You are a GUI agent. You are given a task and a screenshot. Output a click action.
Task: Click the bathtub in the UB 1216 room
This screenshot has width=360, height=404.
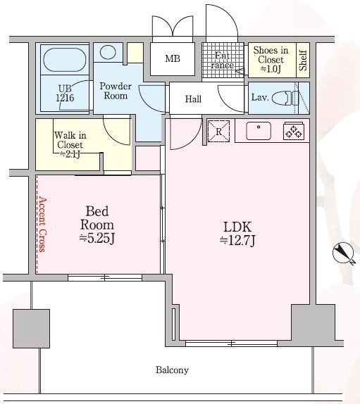click(x=65, y=60)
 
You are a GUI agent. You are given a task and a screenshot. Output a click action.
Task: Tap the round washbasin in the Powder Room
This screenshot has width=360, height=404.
click(x=108, y=52)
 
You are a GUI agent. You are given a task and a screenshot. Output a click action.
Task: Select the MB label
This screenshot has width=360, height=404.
click(x=173, y=58)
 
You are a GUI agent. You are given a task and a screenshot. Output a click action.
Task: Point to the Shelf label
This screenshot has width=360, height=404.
click(x=303, y=61)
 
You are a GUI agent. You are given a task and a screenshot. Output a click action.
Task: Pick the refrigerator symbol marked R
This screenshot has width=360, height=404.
click(x=218, y=131)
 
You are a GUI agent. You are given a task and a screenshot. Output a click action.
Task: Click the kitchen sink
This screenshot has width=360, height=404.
click(x=259, y=131)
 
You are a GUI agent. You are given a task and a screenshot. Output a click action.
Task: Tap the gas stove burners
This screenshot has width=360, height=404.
click(x=294, y=132)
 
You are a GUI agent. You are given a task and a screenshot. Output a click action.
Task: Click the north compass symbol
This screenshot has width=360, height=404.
click(x=344, y=253)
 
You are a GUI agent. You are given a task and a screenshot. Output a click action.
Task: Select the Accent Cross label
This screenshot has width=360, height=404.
click(x=42, y=225)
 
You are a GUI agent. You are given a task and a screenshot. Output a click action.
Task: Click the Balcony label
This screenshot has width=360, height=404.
click(x=172, y=370)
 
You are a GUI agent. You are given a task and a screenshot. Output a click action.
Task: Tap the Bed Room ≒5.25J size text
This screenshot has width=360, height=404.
click(x=97, y=239)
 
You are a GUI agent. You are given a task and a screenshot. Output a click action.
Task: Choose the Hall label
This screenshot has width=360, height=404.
click(x=193, y=99)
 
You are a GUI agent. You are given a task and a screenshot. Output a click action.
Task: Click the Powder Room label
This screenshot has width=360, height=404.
click(x=116, y=91)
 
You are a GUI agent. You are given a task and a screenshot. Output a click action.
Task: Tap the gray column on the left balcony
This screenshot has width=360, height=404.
click(x=31, y=329)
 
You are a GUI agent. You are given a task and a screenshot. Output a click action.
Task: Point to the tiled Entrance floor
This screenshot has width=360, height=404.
click(x=223, y=61)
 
